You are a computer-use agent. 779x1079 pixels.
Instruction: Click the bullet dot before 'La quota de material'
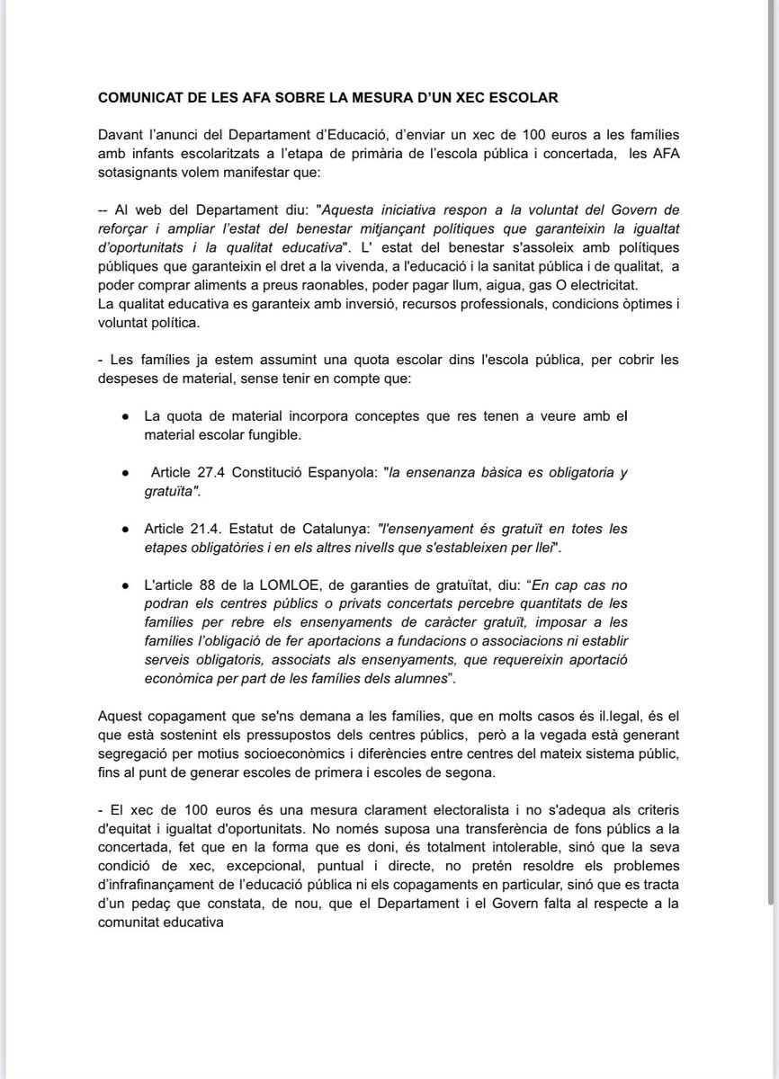pyautogui.click(x=124, y=417)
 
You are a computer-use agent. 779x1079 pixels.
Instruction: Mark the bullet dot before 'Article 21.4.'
pyautogui.click(x=124, y=531)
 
